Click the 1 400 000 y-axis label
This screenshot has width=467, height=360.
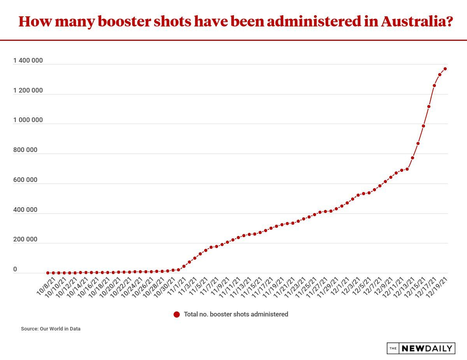pyautogui.click(x=28, y=61)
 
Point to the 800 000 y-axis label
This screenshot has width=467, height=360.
pyautogui.click(x=26, y=150)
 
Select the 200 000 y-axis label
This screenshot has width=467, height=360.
pyautogui.click(x=26, y=239)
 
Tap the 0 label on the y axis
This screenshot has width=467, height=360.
pyautogui.click(x=15, y=269)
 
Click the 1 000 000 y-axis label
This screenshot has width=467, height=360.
pyautogui.click(x=28, y=120)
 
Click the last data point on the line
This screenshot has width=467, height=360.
pyautogui.click(x=445, y=69)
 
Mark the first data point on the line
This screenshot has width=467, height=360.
pyautogui.click(x=48, y=273)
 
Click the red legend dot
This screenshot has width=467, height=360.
pyautogui.click(x=177, y=315)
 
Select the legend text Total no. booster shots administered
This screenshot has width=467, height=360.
pyautogui.click(x=236, y=315)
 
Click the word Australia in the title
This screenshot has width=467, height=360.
pyautogui.click(x=416, y=22)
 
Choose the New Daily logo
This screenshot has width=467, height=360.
pyautogui.click(x=421, y=348)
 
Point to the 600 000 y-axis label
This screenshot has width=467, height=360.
pyautogui.click(x=26, y=180)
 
